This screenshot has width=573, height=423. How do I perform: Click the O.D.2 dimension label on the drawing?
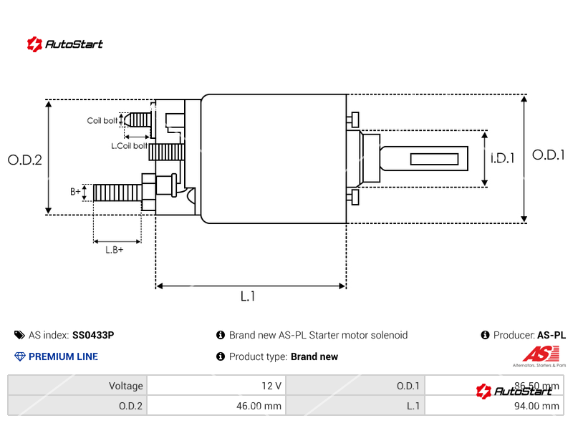[24, 160]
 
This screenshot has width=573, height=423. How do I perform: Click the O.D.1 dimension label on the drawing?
[549, 155]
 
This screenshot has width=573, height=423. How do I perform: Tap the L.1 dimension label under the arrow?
[248, 296]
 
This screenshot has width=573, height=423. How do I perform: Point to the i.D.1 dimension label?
[503, 159]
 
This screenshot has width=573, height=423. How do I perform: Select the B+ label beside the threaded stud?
[75, 192]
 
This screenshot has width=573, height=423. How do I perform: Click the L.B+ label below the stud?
[115, 250]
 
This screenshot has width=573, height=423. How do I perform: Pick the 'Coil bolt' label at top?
[102, 121]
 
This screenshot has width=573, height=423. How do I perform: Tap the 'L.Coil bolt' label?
[129, 146]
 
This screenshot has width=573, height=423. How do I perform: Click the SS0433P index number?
[93, 335]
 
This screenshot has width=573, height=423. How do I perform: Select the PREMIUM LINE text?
[63, 356]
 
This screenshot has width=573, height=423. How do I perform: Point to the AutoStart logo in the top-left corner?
[64, 44]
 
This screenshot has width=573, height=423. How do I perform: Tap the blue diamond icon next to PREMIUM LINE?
[19, 356]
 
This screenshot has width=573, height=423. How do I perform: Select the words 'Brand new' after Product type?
[314, 356]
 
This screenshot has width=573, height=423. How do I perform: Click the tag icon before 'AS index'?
[19, 335]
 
